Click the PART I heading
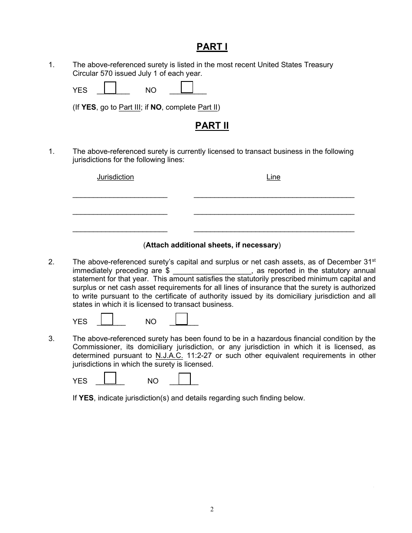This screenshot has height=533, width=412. coord(212,47)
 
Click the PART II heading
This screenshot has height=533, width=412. coord(212,126)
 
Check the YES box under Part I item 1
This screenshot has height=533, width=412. coord(111,88)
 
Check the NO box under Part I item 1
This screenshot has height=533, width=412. coord(186,88)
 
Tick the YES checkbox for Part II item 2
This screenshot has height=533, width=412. coord(107,319)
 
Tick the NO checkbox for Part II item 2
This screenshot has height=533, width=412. coord(182,319)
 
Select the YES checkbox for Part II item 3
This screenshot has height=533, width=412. coord(111,378)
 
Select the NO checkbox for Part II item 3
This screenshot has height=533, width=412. coord(185,378)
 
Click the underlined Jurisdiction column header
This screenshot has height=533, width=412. coord(115,177)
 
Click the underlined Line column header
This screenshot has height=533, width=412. coord(273,177)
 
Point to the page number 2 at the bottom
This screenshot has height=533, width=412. coord(212,509)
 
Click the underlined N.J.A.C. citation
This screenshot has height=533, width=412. coord(169,356)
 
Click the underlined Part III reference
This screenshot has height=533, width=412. coord(130,107)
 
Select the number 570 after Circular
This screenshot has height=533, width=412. coord(107,73)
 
